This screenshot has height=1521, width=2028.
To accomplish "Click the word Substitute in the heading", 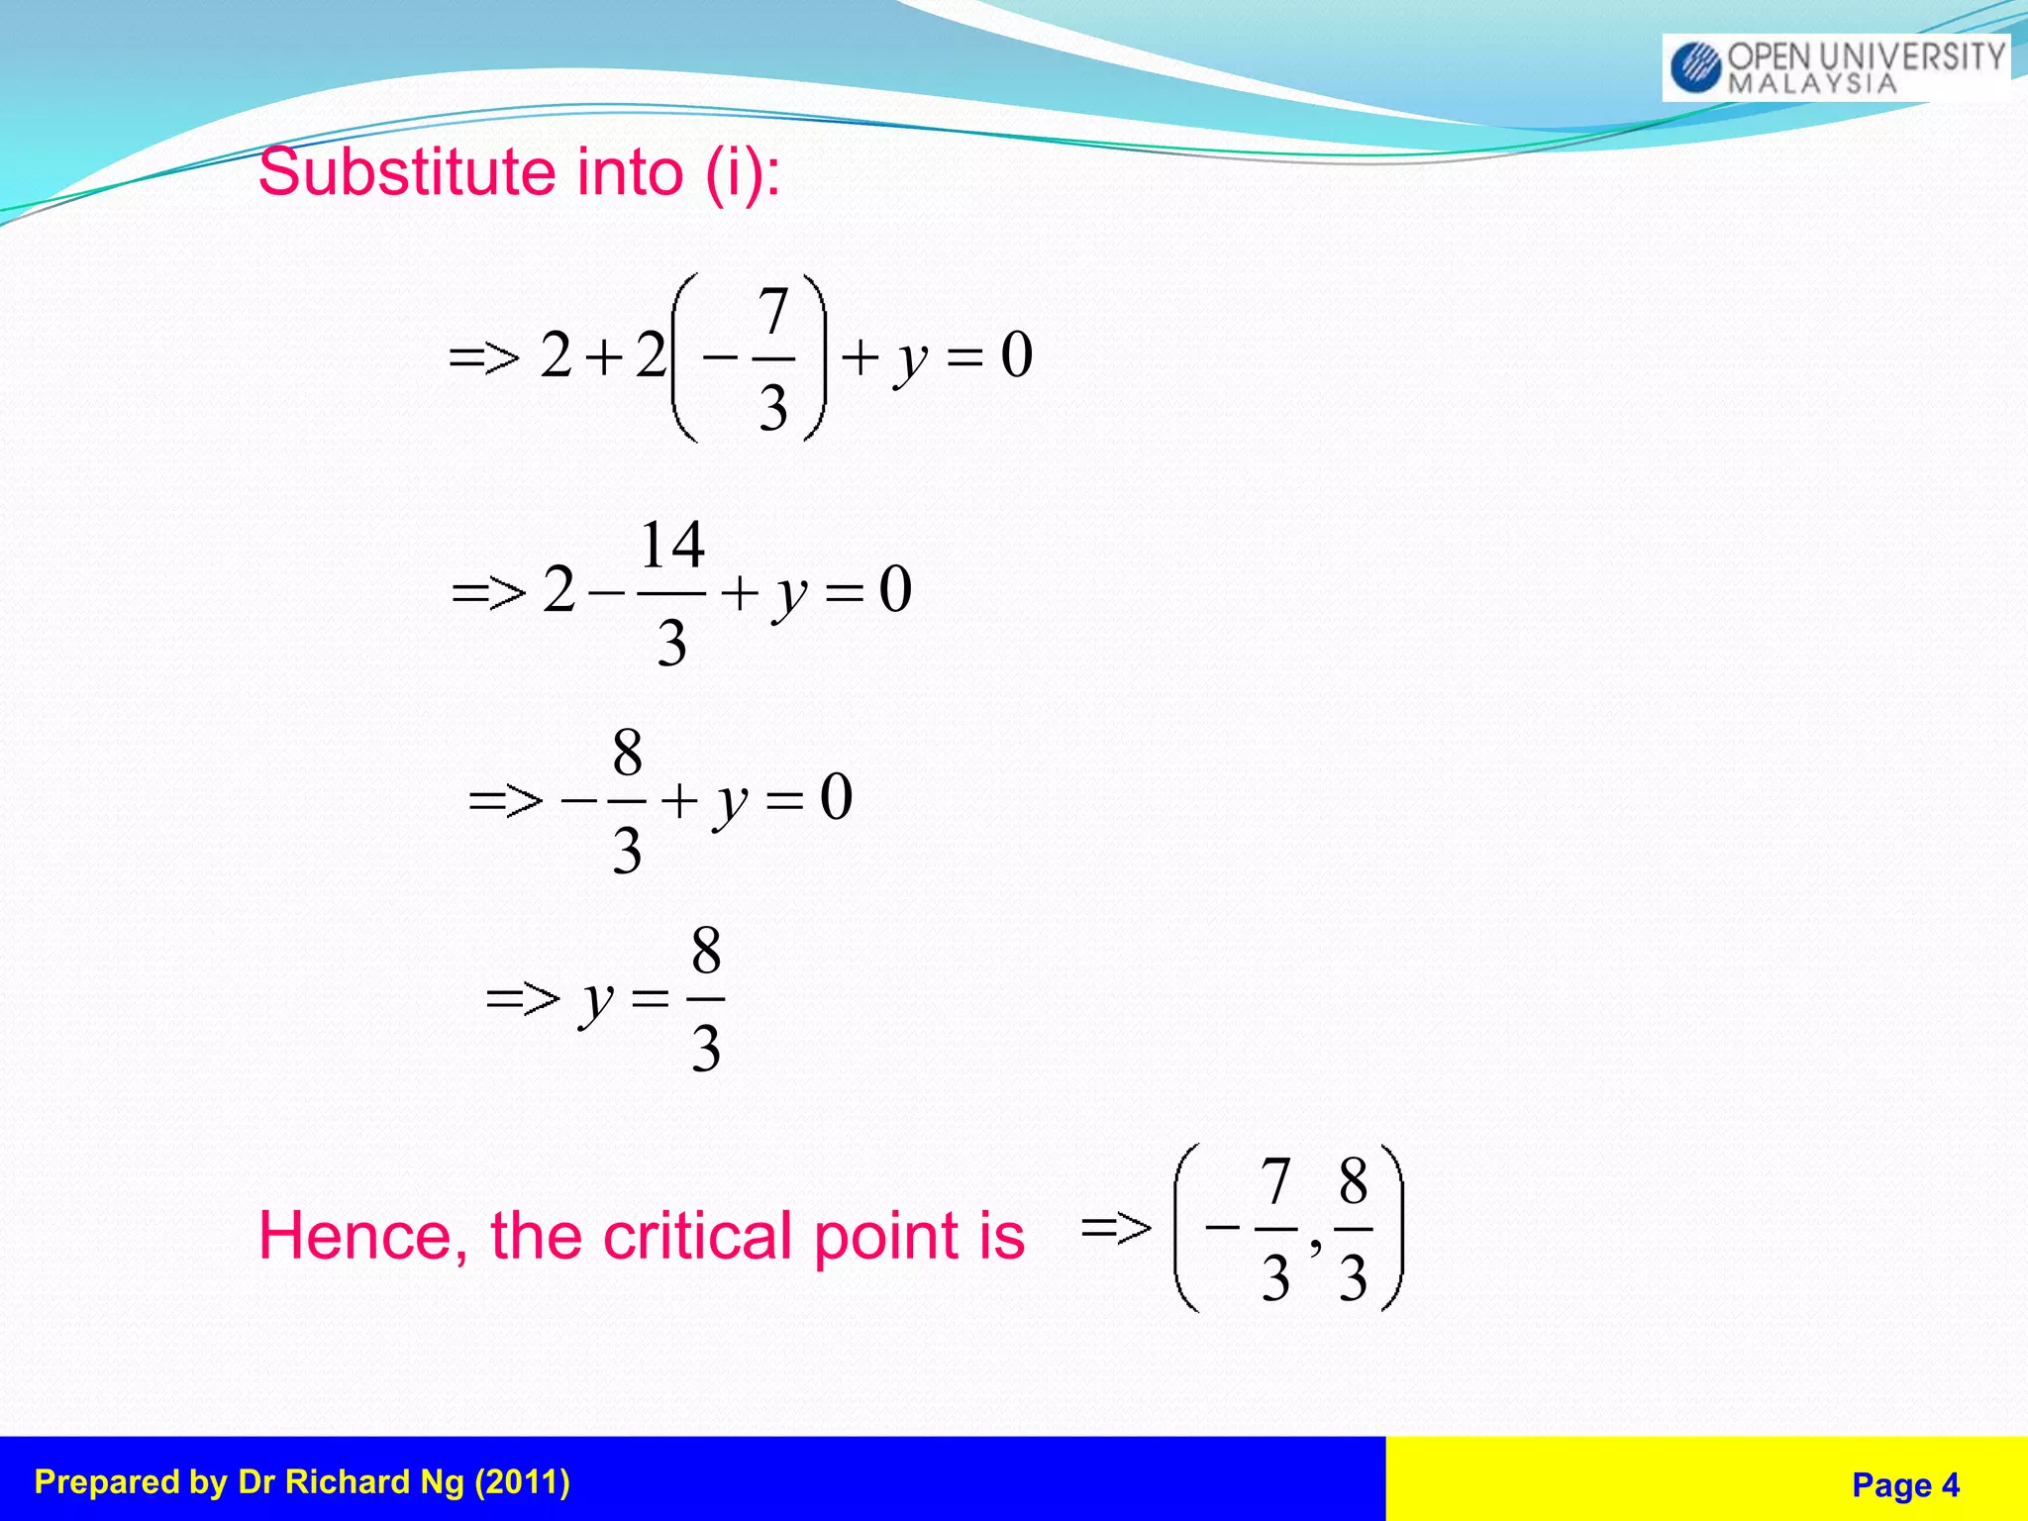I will pyautogui.click(x=407, y=172).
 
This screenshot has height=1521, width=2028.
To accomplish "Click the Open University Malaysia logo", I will pyautogui.click(x=1835, y=66).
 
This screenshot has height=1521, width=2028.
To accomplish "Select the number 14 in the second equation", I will pyautogui.click(x=672, y=546).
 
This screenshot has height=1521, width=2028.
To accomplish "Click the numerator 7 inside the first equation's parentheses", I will pyautogui.click(x=773, y=312).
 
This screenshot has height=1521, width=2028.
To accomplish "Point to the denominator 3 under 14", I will pyautogui.click(x=672, y=643).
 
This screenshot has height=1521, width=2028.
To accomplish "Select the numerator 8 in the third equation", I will pyautogui.click(x=627, y=754).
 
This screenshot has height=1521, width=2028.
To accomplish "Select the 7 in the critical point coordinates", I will pyautogui.click(x=1275, y=1181).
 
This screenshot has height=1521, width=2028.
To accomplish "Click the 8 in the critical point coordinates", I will pyautogui.click(x=1354, y=1181).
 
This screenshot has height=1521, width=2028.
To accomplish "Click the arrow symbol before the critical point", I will pyautogui.click(x=1116, y=1228).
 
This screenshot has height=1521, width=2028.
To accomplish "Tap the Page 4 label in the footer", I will pyautogui.click(x=1905, y=1485).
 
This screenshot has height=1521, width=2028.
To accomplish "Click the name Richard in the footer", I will pyautogui.click(x=343, y=1482).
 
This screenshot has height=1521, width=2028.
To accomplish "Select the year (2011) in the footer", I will pyautogui.click(x=522, y=1482).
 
